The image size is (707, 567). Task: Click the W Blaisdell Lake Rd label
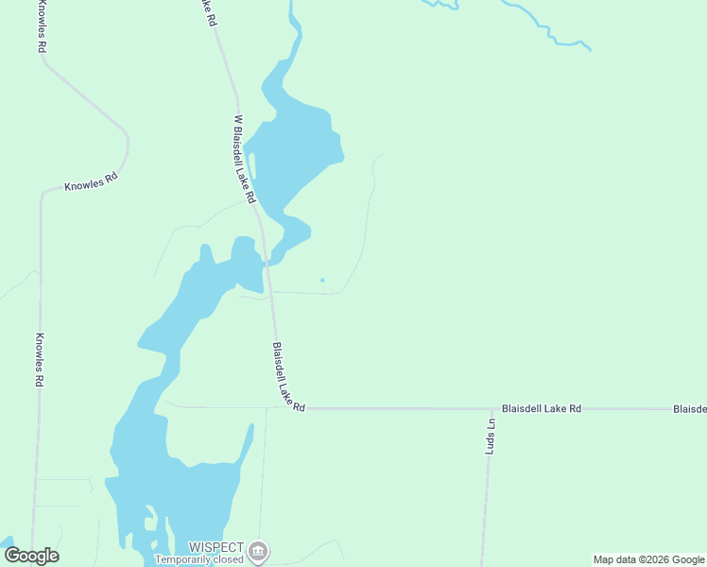tap(244, 159)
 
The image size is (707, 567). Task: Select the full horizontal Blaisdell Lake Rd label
tap(541, 408)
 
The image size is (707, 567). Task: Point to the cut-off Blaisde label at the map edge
tap(689, 409)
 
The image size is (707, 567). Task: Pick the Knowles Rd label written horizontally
tap(91, 181)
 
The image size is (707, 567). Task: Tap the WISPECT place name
tap(216, 547)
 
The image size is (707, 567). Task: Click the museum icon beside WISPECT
tap(258, 551)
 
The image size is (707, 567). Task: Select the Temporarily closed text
tap(198, 559)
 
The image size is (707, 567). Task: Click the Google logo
tap(31, 556)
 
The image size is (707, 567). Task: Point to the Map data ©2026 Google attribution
tap(648, 559)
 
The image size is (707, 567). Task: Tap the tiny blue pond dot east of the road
tap(322, 280)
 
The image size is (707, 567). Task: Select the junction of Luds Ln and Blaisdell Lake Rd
tap(490, 409)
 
